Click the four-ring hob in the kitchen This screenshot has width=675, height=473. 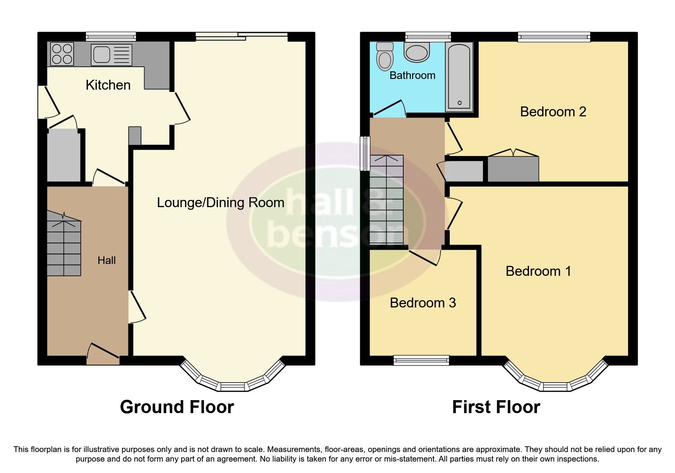point(62,54)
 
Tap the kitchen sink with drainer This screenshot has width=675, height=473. point(111,55)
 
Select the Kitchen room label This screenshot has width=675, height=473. point(108,85)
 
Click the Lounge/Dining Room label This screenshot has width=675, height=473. point(220,203)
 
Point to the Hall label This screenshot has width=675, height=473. point(106,261)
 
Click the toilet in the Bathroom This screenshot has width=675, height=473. point(385,56)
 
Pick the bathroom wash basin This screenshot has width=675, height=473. point(417,52)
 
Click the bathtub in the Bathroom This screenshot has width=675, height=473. point(459,76)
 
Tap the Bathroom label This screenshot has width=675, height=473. point(412,76)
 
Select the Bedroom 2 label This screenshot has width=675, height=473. point(553,112)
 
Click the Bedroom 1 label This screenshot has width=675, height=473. point(538,271)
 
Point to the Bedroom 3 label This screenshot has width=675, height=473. point(423,303)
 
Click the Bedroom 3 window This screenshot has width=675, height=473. point(421,360)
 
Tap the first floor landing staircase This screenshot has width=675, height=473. point(386,200)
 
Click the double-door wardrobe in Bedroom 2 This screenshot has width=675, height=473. point(513,168)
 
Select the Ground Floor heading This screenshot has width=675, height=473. point(177,407)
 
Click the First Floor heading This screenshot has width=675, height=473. point(496,407)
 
